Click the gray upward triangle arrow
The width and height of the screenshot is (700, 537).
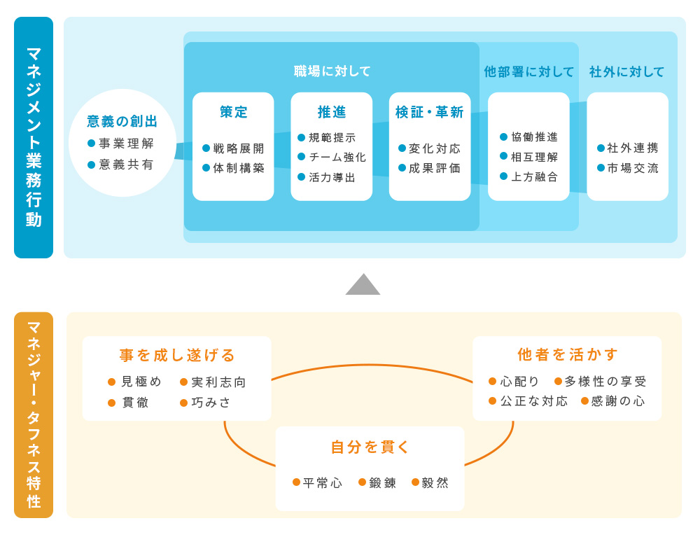pos(363,285)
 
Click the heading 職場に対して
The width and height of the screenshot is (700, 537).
pos(332,71)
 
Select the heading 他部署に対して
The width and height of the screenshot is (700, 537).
pos(528,71)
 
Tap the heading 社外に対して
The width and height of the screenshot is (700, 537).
pos(626,71)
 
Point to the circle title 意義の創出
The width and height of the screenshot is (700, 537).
pos(122,121)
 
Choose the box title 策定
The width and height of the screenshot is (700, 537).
pos(234,112)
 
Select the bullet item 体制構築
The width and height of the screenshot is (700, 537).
pos(239,168)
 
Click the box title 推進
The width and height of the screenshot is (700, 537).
pos(332,112)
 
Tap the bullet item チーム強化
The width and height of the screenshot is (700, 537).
pos(337,158)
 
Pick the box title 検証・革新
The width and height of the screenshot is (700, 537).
pos(429,112)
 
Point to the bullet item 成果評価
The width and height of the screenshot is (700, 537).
pos(435,168)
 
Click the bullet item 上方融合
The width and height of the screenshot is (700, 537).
pos(534,176)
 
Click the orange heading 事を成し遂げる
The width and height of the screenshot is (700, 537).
pos(177,355)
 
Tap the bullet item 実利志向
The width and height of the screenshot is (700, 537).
pos(218,382)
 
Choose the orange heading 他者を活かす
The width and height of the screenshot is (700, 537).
pos(568,355)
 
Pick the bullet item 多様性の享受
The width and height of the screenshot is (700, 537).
pos(605,382)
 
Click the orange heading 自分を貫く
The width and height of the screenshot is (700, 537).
pos(370,447)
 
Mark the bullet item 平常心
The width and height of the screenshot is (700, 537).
pos(322,483)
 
